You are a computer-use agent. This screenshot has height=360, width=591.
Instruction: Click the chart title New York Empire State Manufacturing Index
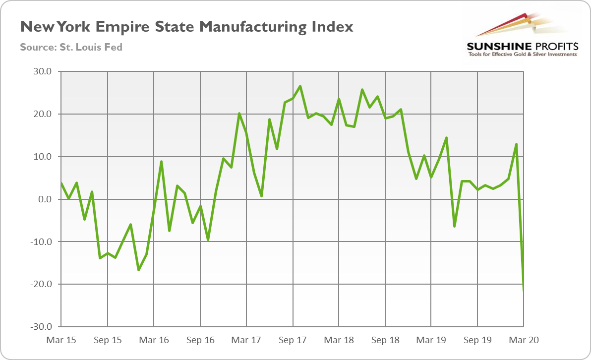pos(186,27)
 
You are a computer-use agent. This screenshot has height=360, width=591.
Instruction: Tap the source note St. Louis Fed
pos(71,48)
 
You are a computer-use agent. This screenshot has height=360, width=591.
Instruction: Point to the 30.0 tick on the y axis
pos(42,71)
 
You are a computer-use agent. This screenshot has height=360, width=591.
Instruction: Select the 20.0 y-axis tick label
pos(42,114)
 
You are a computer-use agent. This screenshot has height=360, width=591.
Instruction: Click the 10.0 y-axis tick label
pos(42,157)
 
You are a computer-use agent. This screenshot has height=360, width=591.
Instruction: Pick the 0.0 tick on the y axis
pos(44,199)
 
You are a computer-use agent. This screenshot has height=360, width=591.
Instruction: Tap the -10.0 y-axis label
pos(41,242)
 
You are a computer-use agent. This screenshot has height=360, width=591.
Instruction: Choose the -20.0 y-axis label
pos(41,285)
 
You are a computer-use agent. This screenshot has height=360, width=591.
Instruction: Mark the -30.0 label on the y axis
pos(41,327)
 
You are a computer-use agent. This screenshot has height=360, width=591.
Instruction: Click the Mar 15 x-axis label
pos(61,340)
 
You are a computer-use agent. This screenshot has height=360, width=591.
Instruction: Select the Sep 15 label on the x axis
pos(108,340)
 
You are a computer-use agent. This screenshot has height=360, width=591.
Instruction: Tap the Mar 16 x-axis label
pos(154,340)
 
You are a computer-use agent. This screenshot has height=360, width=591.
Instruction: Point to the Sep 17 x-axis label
pos(293,340)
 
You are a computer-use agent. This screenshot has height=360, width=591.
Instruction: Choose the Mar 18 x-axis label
pos(339,340)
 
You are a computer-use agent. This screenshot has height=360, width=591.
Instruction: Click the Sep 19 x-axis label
pos(477,340)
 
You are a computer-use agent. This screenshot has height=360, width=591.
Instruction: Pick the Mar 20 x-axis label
pos(524,340)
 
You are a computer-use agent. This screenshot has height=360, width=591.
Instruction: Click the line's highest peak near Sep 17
pos(300,86)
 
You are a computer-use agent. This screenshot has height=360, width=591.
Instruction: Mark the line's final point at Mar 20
pos(524,291)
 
